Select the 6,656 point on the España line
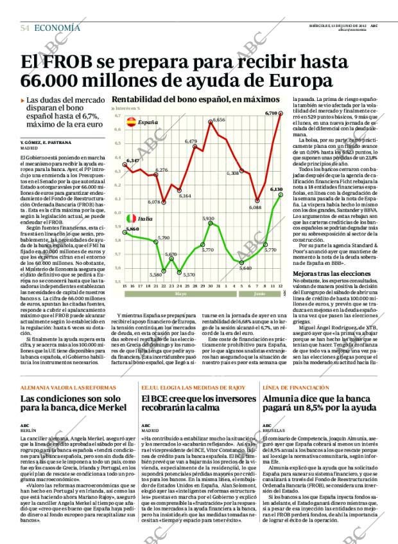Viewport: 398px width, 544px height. pyautogui.click(x=211, y=122)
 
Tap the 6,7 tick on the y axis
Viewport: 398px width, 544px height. pyautogui.click(x=117, y=116)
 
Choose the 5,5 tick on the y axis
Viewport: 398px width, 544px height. pyautogui.click(x=117, y=282)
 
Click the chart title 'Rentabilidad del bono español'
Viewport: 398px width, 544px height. pyautogui.click(x=171, y=100)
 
